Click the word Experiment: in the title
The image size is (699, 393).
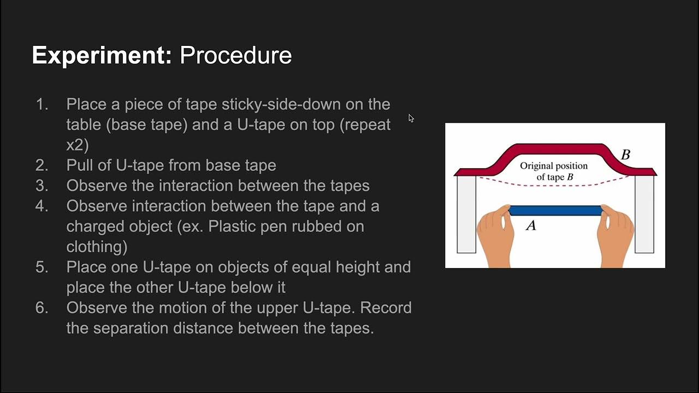coord(102,56)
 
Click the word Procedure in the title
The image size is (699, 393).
coord(236,56)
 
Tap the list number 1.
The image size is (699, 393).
coord(42,104)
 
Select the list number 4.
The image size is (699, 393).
coord(42,206)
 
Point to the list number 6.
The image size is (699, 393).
coord(42,308)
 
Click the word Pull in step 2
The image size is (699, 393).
coord(79,165)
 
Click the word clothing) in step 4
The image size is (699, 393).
coord(97,247)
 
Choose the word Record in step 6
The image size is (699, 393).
coord(386,308)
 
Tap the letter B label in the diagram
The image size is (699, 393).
coord(625,155)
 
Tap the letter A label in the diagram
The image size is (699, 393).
coord(530,225)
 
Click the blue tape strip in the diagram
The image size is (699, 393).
coord(555,211)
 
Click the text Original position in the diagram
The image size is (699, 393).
coord(554,166)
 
